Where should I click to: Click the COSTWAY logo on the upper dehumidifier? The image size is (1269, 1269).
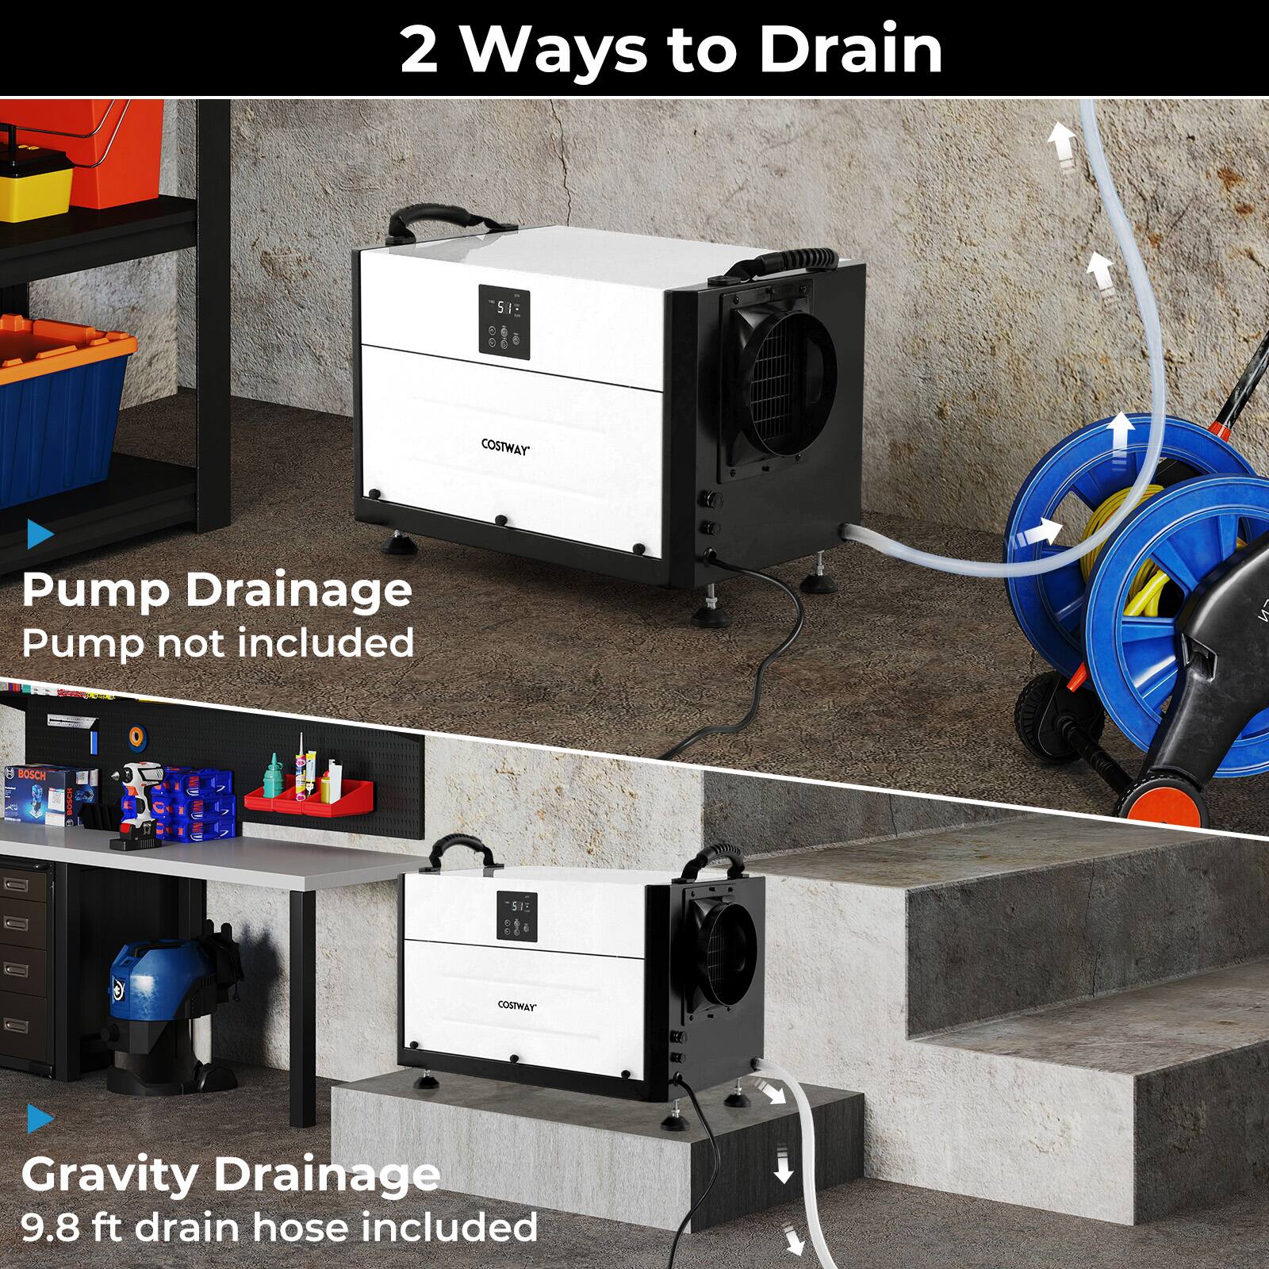click(505, 446)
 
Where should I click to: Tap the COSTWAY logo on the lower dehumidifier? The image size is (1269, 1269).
click(517, 1004)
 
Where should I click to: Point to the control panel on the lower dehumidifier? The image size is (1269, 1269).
click(516, 917)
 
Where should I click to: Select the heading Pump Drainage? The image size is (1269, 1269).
click(217, 591)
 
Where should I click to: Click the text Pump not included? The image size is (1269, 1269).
click(217, 642)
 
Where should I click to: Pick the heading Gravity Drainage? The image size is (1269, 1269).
click(230, 1175)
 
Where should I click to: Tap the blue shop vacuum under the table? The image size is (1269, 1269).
click(151, 1007)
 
